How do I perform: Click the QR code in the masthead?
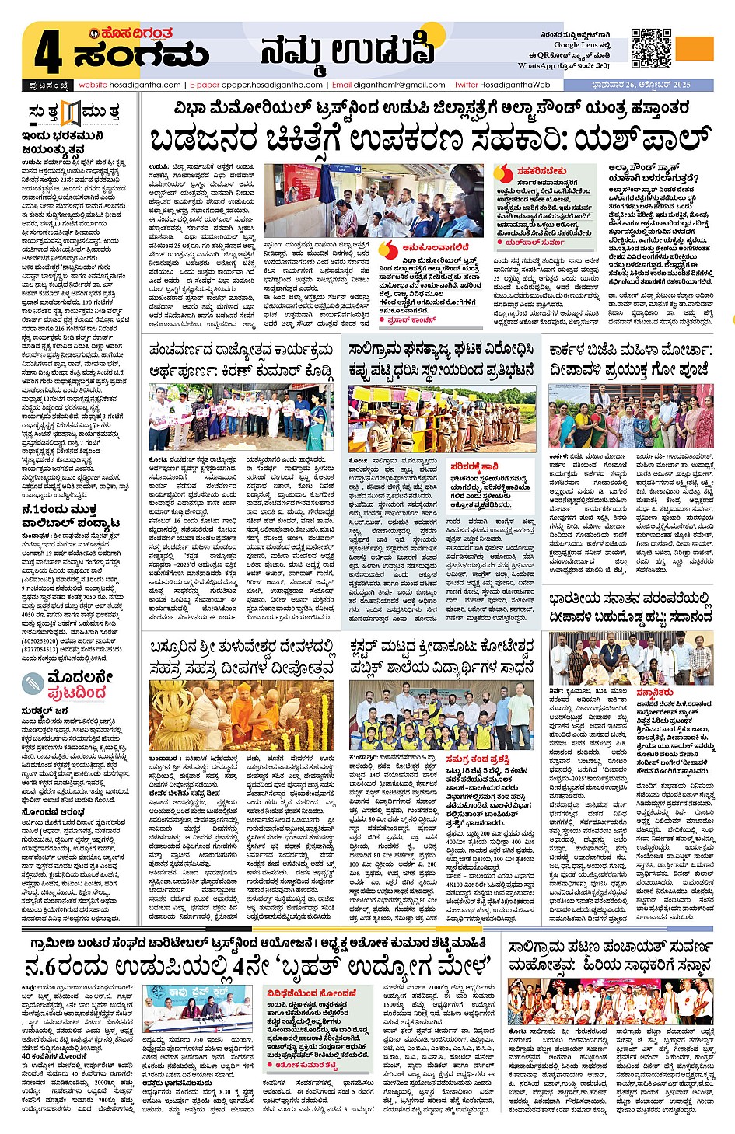651,48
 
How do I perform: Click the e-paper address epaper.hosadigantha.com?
272,85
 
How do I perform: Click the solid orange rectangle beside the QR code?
695,48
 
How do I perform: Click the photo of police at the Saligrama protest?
442,420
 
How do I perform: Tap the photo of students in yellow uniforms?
442,716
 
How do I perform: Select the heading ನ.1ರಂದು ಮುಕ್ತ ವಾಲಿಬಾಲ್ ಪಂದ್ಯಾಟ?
71,516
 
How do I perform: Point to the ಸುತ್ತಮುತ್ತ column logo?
73,113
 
